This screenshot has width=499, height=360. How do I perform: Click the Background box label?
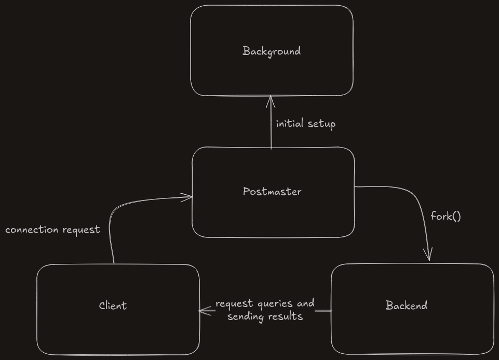272,51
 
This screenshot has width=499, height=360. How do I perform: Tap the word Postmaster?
272,191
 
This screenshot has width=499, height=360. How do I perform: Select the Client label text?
113,305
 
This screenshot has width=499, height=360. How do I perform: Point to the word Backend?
407,305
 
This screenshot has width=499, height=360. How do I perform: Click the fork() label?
446,216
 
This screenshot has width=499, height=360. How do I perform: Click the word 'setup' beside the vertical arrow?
321,124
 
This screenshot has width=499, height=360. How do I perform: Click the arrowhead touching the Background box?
271,101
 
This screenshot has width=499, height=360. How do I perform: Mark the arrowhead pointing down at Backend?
428,255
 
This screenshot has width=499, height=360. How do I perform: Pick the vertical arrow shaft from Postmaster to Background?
271,123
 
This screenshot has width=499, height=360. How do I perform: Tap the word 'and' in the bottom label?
305,303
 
